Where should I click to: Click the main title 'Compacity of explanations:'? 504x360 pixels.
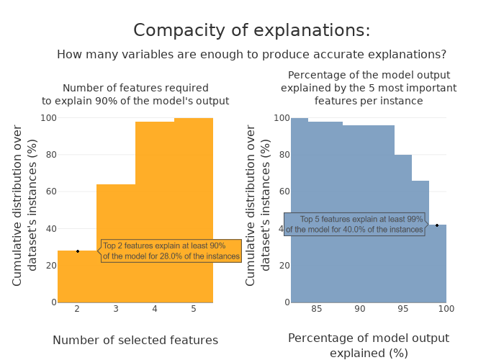(x=252, y=30)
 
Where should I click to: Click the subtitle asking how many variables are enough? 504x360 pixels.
(x=252, y=55)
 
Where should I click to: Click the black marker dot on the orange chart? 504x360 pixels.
(x=78, y=251)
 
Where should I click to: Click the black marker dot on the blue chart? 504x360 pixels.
(x=437, y=225)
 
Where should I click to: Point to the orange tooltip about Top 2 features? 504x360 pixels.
(x=171, y=251)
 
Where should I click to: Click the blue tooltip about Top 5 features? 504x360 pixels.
(x=354, y=225)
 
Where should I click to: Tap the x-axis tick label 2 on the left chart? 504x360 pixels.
(x=77, y=309)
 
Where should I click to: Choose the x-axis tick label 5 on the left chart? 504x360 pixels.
(x=194, y=309)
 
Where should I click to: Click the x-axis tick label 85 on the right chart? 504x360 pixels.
(x=317, y=309)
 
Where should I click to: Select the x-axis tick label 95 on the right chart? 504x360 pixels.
(x=403, y=309)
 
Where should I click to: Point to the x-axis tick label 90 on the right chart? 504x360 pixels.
(x=360, y=309)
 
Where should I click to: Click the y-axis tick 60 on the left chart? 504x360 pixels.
(x=49, y=192)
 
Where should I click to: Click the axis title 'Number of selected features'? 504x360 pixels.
(x=135, y=341)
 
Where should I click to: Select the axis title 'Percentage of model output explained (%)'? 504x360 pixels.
(x=369, y=346)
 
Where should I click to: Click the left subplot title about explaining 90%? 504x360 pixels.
(x=135, y=94)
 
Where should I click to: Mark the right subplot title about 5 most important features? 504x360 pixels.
(x=369, y=88)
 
